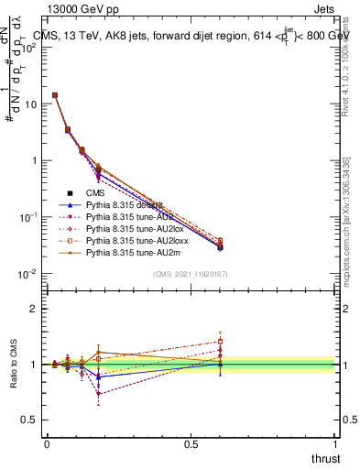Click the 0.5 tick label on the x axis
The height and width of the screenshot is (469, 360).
tap(191, 443)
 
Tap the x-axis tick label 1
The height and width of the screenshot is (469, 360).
tap(335, 443)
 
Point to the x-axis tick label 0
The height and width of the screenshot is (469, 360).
tap(47, 443)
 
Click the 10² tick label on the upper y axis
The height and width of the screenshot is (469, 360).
tap(28, 47)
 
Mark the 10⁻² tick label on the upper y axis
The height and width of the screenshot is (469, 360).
tap(28, 273)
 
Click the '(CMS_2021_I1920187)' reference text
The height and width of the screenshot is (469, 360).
tap(191, 274)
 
